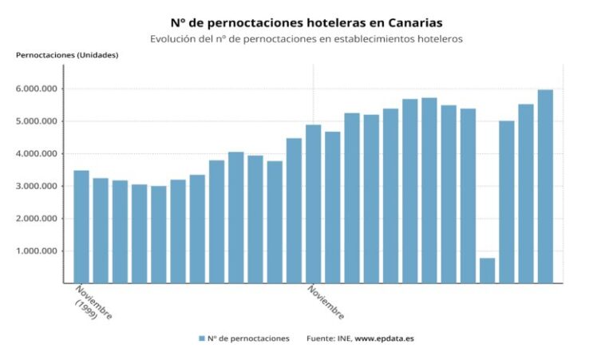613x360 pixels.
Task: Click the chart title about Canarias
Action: tap(306, 22)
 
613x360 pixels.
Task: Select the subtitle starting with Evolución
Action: tap(306, 38)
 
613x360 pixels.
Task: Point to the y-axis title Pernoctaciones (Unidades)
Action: tap(67, 54)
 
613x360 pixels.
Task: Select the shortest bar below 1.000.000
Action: tap(487, 270)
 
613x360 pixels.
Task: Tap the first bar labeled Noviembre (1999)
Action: tap(81, 227)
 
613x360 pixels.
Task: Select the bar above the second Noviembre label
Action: tap(314, 204)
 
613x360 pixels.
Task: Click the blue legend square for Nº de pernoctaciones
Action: tap(202, 338)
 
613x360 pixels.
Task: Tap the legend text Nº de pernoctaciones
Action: tap(248, 338)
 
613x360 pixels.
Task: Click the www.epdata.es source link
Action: tap(384, 338)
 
